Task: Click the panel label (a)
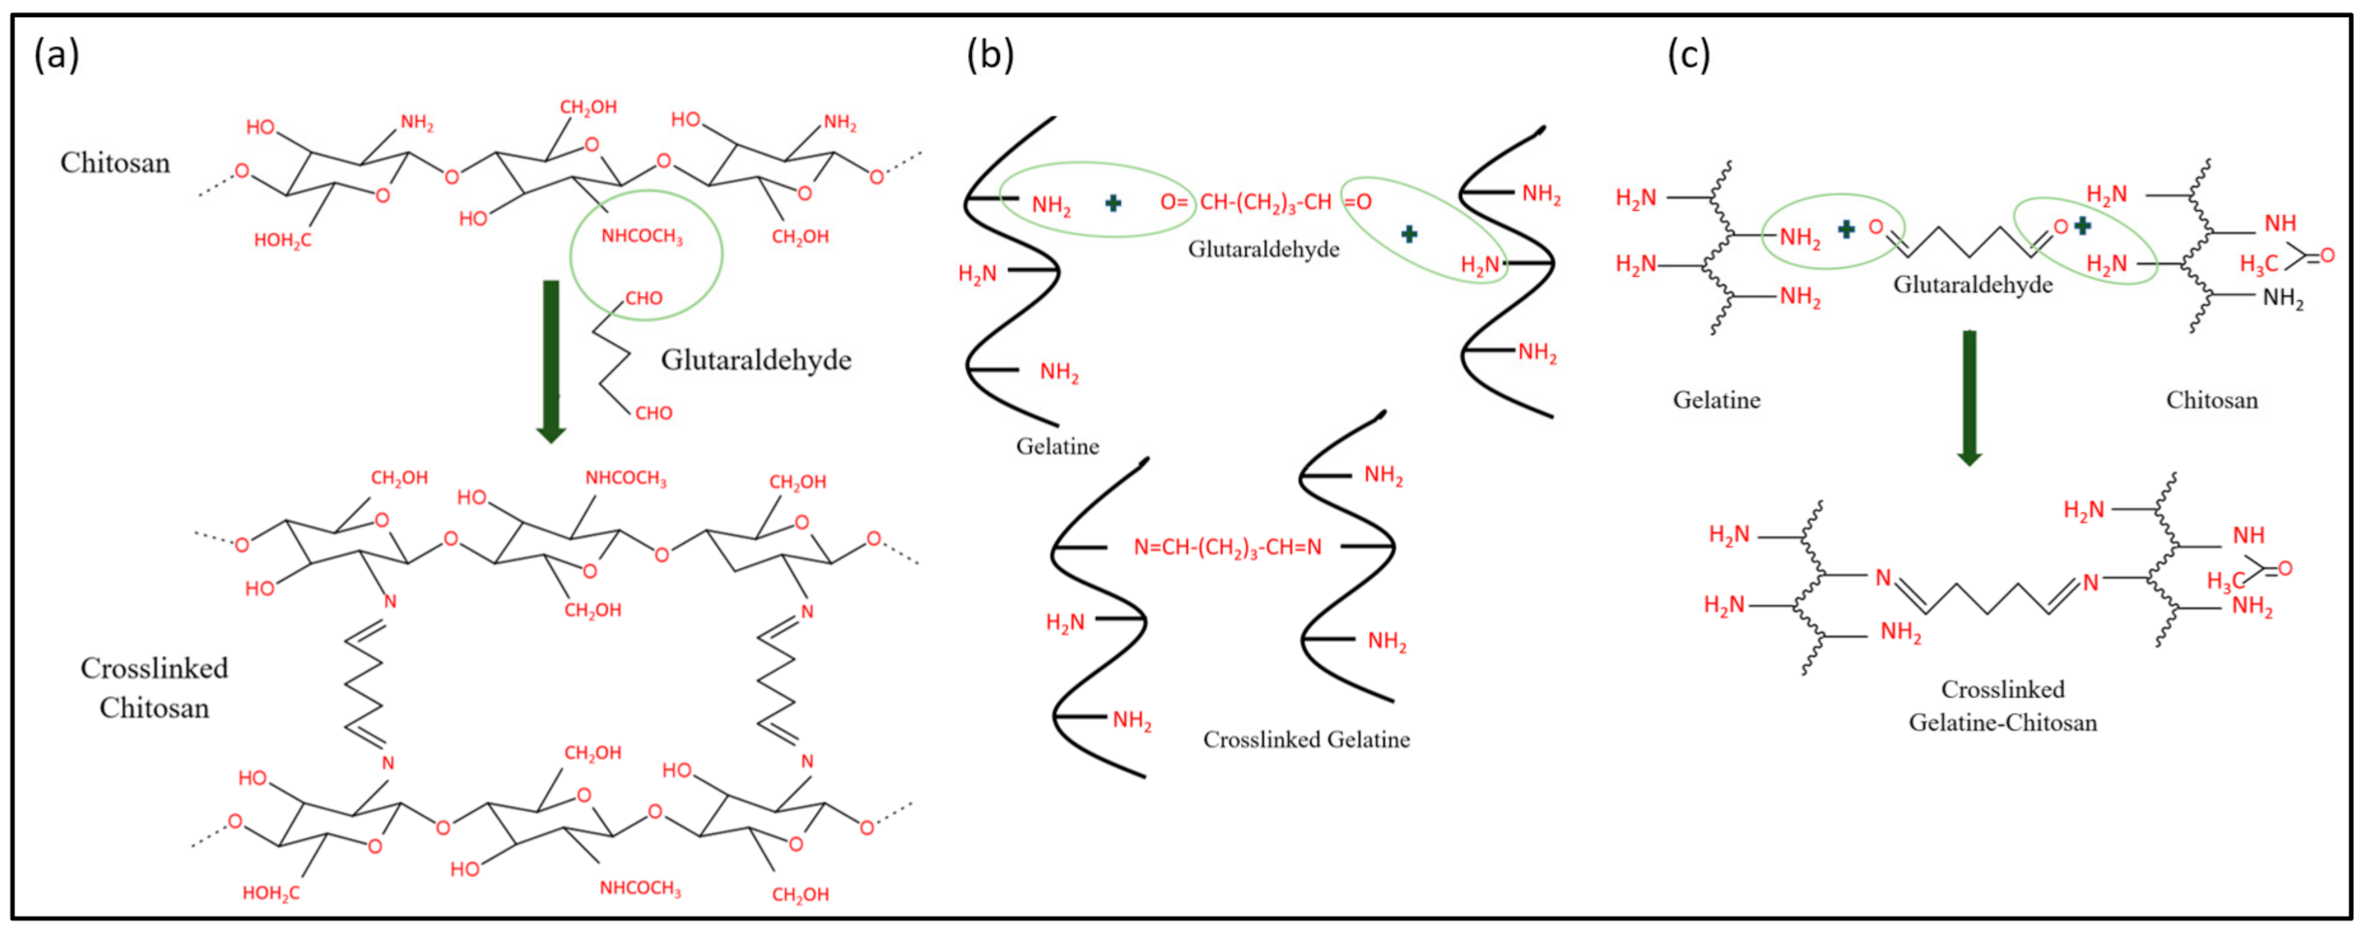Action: (x=56, y=55)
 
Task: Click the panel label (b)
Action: (x=989, y=55)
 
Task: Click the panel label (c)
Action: (x=1687, y=55)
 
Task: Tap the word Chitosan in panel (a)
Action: (x=115, y=163)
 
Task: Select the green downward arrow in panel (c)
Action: (x=1969, y=397)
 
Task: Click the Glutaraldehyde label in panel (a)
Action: (x=756, y=360)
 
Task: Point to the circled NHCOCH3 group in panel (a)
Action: (x=642, y=236)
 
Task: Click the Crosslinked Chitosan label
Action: (x=154, y=688)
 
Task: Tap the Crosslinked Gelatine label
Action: (x=1306, y=739)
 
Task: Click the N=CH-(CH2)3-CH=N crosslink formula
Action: (x=1227, y=548)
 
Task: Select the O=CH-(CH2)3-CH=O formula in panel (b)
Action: (x=1265, y=202)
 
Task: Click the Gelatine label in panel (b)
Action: (x=1057, y=446)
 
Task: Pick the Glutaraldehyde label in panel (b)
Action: (x=1263, y=250)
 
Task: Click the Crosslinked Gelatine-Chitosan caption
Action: (x=2002, y=706)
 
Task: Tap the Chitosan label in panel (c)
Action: (x=2211, y=400)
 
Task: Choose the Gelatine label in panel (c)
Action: (x=1716, y=400)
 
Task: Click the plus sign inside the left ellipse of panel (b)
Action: (x=1113, y=202)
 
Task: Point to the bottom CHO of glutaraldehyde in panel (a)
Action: (x=653, y=413)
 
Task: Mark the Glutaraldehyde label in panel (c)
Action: (x=1972, y=285)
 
